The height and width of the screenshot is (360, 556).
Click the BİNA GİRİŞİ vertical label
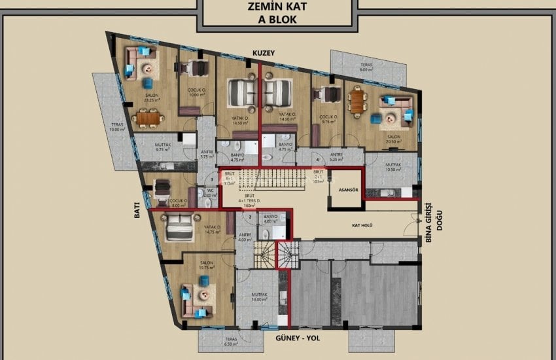429,221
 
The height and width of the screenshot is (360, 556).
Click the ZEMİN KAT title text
278,8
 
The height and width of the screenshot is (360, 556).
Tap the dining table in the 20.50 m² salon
357,101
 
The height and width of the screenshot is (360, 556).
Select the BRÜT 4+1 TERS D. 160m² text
249,200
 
